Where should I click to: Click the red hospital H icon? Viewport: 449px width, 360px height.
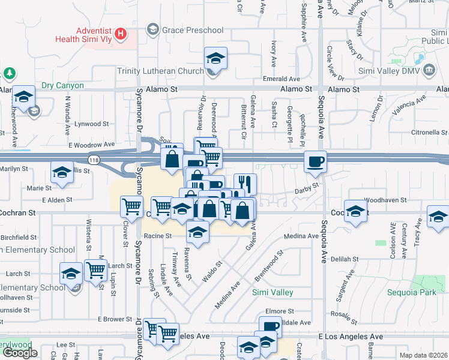click(122, 34)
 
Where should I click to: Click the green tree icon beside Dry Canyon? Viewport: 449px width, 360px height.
click(9, 73)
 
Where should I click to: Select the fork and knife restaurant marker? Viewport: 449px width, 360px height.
click(244, 182)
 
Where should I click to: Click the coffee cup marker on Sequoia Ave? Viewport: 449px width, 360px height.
click(315, 161)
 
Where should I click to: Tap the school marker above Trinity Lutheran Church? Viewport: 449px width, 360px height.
click(215, 58)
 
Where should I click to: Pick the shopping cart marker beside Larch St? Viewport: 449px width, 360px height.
click(95, 270)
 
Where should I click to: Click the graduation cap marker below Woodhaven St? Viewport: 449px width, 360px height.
click(356, 212)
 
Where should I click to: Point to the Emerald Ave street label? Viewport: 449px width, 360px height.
click(281, 79)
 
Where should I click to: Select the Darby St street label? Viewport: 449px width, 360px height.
click(306, 191)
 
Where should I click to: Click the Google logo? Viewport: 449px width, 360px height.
click(20, 353)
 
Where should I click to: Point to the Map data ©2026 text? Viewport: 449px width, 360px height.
click(423, 355)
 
